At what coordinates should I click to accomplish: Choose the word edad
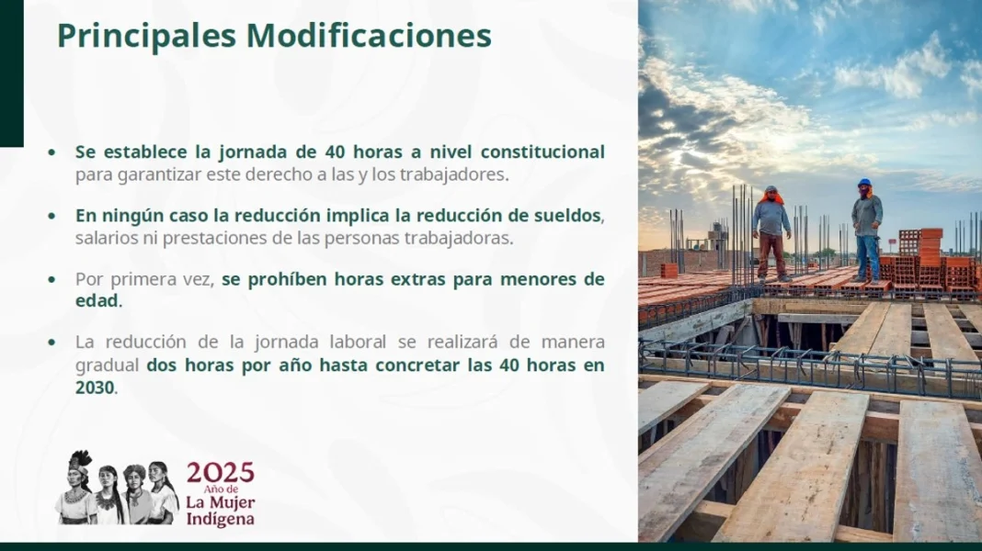[x=97, y=301]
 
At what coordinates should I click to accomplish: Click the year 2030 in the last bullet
[x=96, y=388]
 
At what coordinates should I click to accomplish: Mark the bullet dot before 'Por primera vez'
[x=52, y=280]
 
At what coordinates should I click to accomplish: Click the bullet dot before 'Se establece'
[x=52, y=152]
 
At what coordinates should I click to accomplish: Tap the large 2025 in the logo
[x=221, y=473]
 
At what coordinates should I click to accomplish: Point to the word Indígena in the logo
[x=220, y=520]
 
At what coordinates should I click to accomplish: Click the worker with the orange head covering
[x=771, y=232]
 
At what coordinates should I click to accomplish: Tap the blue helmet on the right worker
[x=865, y=183]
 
